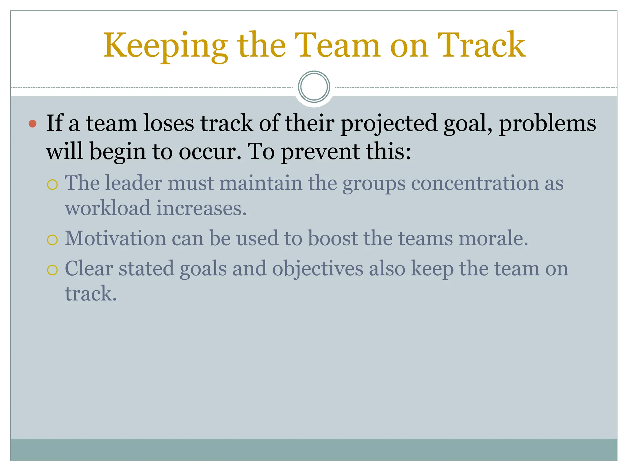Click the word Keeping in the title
click(165, 46)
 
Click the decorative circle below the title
click(314, 87)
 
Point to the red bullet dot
click(33, 124)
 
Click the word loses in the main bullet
click(169, 123)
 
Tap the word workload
click(108, 208)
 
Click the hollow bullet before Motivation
click(52, 240)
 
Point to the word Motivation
click(115, 238)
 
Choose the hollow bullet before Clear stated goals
click(52, 270)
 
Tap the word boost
click(332, 238)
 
